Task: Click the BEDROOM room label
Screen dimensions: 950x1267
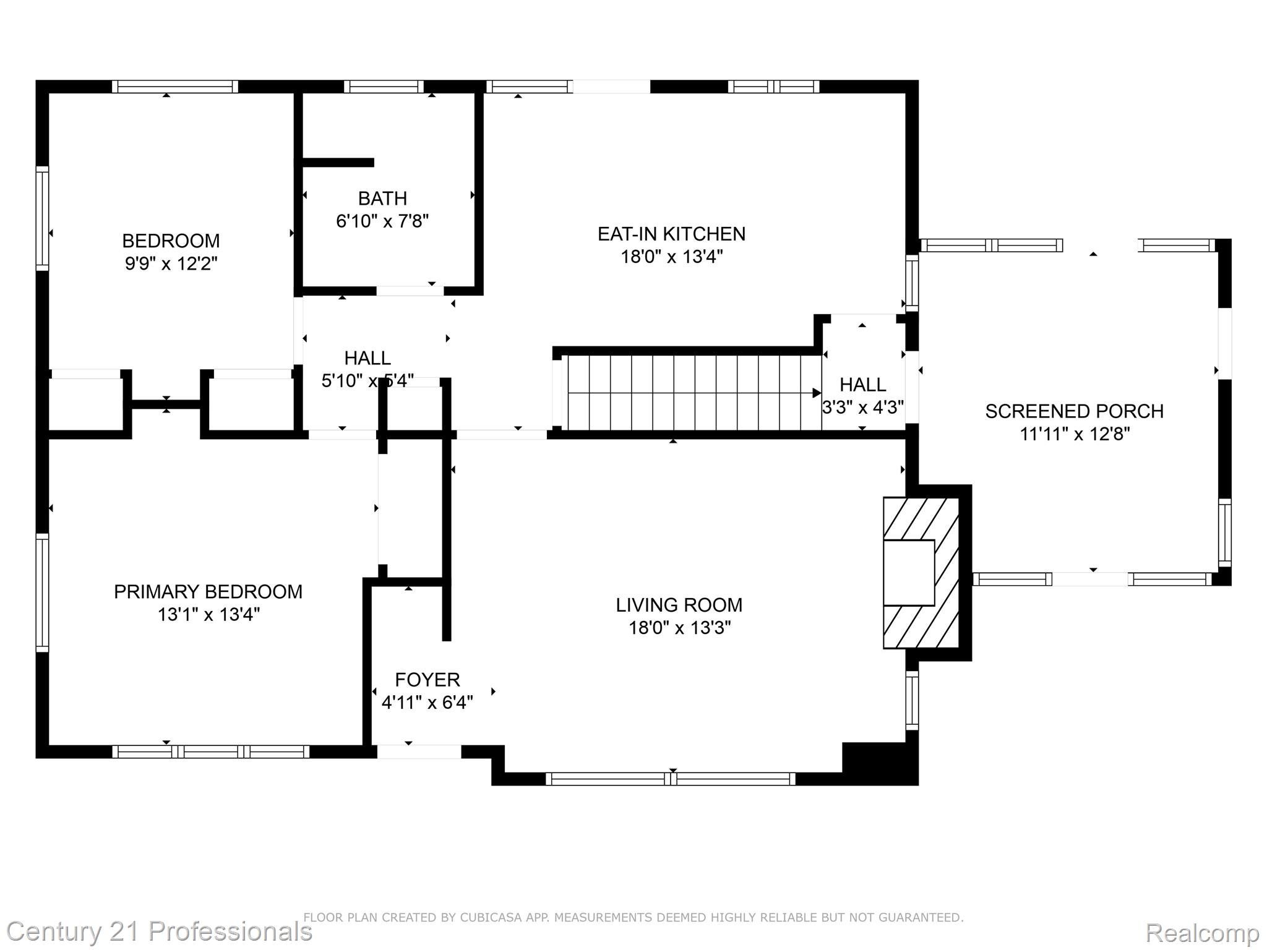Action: (171, 241)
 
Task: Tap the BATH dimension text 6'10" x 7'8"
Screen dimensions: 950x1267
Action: (382, 221)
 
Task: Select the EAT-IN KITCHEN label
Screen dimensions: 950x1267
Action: (671, 234)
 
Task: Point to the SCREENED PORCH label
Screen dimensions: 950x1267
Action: (1074, 411)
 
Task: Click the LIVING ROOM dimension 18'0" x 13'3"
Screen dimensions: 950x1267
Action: (679, 628)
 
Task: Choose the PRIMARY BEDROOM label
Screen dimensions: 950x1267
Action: (208, 592)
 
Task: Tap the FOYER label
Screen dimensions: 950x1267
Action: (427, 680)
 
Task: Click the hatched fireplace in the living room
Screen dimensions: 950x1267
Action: (921, 573)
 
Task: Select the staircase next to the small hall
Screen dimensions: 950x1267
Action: (687, 392)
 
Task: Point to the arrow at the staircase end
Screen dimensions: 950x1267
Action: (816, 393)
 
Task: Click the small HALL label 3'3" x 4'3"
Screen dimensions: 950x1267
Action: (862, 396)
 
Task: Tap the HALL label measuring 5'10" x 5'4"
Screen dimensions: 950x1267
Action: (367, 369)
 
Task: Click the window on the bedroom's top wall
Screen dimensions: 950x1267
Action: (175, 87)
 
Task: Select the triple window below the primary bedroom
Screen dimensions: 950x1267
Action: (210, 751)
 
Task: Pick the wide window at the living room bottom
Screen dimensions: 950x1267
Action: (671, 779)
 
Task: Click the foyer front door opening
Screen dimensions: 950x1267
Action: (419, 751)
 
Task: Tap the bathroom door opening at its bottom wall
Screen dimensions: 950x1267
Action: (410, 291)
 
